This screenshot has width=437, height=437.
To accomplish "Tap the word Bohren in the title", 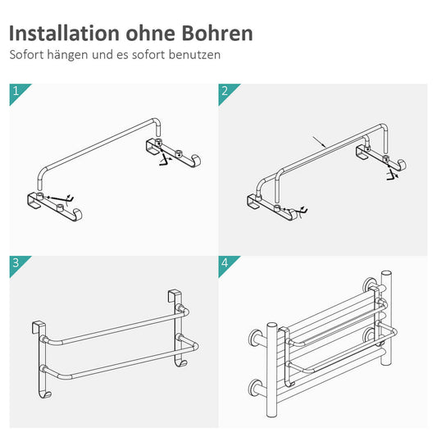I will [216, 34].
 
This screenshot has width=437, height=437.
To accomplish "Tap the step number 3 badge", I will [16, 262].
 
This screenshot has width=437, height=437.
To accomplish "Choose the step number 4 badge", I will [225, 262].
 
